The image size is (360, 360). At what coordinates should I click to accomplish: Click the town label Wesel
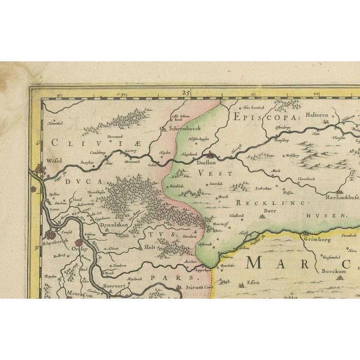click(x=54, y=160)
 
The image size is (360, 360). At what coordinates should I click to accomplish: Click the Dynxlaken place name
click(x=114, y=225)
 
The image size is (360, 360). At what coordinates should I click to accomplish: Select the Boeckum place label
click(x=317, y=271)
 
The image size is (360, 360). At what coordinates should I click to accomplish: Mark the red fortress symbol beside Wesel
click(x=39, y=168)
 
